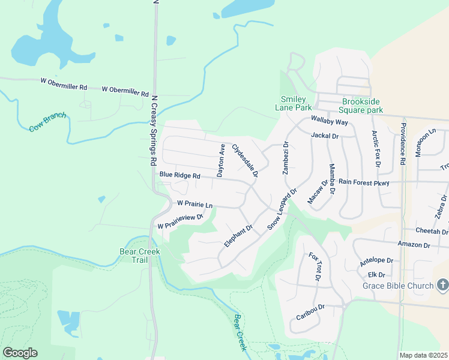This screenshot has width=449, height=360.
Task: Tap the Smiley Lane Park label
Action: [294, 103]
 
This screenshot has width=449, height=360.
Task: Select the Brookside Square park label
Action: [362, 106]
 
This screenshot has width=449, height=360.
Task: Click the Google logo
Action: [20, 353]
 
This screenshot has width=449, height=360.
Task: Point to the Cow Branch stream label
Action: [47, 121]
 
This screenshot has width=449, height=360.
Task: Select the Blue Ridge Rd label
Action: [179, 175]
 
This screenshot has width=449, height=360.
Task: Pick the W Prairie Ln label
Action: [195, 205]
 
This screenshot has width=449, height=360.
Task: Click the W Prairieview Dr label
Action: [180, 221]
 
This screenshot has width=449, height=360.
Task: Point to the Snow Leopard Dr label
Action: [282, 209]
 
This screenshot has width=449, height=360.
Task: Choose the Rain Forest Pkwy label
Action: [364, 182]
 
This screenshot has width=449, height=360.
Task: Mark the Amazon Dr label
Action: [414, 244]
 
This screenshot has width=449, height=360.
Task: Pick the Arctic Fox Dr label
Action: [376, 149]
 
